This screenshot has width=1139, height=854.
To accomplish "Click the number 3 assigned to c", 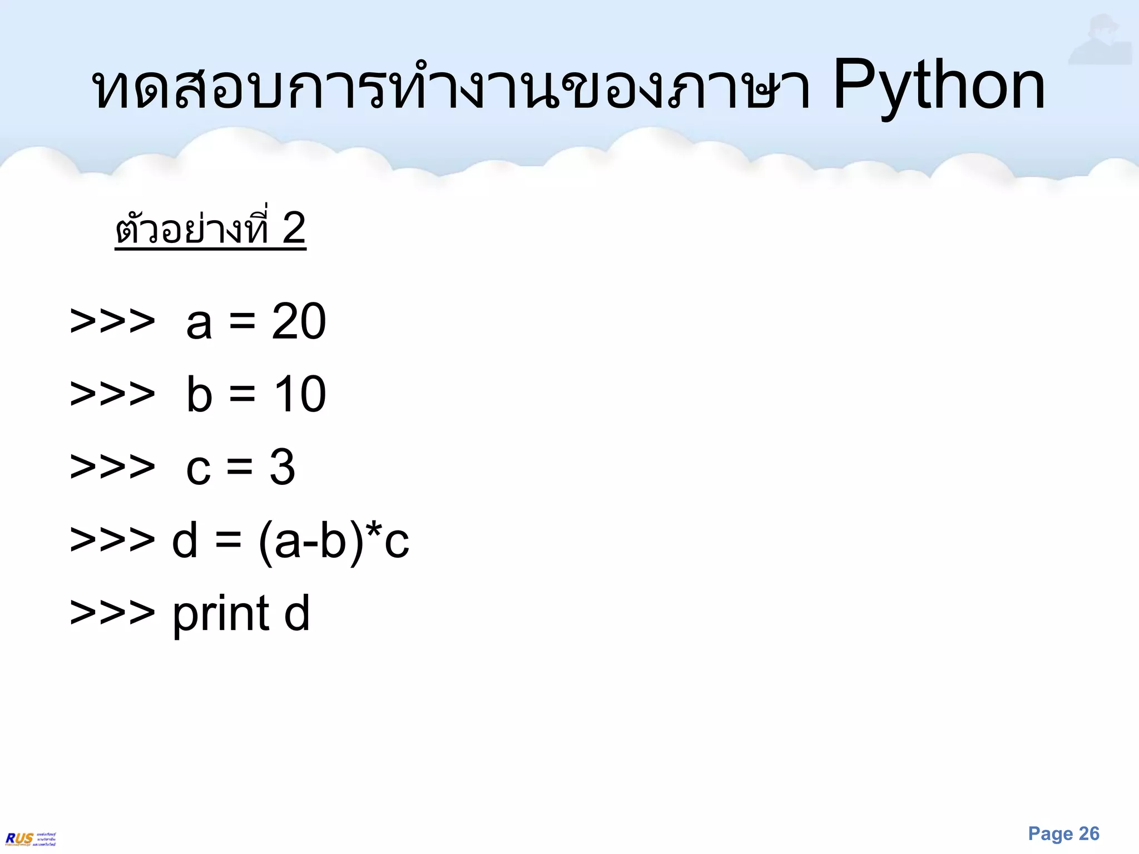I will (283, 467).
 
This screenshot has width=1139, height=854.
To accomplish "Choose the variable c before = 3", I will (199, 469).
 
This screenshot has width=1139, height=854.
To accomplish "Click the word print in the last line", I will (221, 615).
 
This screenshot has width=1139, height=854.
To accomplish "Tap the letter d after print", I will (297, 613).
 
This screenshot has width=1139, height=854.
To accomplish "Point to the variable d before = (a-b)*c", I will (185, 540).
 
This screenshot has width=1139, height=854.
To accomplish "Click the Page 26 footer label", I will (1063, 833).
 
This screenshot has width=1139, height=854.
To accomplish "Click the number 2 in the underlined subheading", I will (294, 228).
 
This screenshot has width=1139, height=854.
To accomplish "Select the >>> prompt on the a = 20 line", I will (112, 322).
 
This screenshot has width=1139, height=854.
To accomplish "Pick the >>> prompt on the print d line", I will (112, 613).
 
